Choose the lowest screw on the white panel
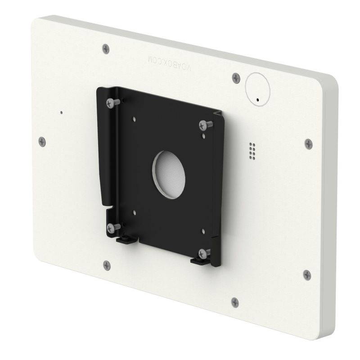pos(235,301)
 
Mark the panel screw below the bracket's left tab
pos(106,264)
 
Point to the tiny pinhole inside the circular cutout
pos(258,99)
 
